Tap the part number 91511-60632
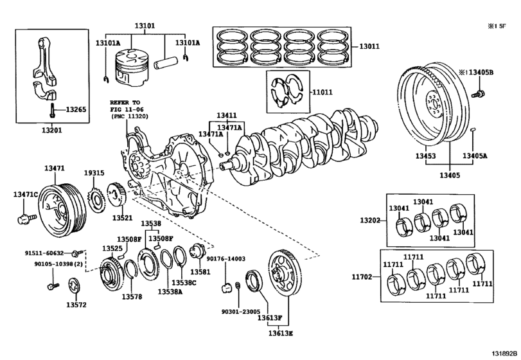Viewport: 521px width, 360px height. point(46,253)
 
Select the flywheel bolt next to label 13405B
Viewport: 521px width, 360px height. point(477,94)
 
